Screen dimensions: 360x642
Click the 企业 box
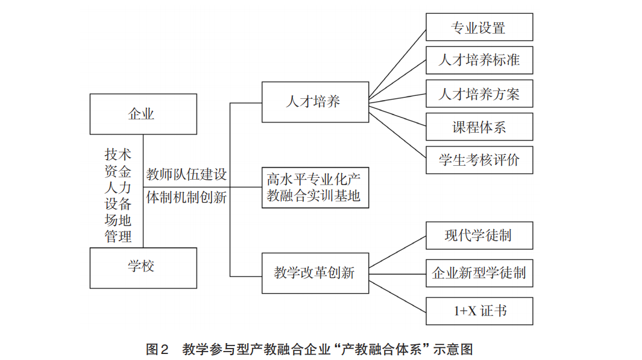click(143, 113)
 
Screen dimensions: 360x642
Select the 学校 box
click(143, 268)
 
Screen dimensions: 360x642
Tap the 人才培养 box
click(315, 101)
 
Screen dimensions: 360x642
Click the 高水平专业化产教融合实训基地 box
click(315, 188)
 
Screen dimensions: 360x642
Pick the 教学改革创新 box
click(315, 273)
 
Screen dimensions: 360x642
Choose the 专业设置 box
click(479, 28)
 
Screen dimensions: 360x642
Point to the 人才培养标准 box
click(479, 60)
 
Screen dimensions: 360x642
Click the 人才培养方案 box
click(479, 93)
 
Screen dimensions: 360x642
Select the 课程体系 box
click(479, 127)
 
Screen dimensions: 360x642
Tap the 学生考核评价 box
click(479, 160)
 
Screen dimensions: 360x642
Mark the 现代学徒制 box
click(479, 235)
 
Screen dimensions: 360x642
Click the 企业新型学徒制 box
click(479, 273)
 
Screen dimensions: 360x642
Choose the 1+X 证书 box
click(479, 311)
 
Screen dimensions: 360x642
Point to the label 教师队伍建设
click(187, 175)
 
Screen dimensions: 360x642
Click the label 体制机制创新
click(187, 197)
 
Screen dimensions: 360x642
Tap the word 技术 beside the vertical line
click(118, 155)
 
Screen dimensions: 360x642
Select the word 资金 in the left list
click(118, 171)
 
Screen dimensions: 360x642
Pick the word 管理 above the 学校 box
click(118, 236)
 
